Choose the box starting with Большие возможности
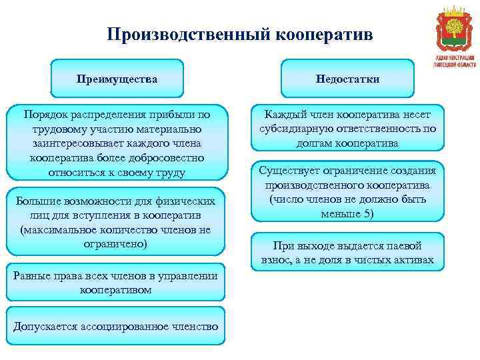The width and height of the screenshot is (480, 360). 117,223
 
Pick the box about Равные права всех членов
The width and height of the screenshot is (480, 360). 117,283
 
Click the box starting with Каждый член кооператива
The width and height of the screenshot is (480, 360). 347,128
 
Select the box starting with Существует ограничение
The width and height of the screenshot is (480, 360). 347,192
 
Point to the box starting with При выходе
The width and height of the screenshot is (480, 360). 347,252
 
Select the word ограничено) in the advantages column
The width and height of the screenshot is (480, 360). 117,243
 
